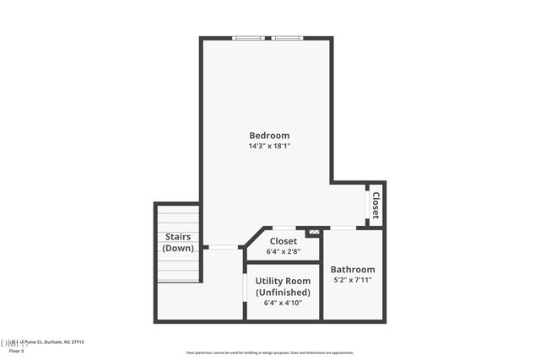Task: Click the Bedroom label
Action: [x=269, y=135]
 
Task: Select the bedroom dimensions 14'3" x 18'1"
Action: [x=269, y=146]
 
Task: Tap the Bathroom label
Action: [x=353, y=269]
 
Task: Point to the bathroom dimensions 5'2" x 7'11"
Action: [x=353, y=280]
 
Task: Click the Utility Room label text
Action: [x=282, y=282]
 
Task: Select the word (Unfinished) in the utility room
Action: [x=282, y=292]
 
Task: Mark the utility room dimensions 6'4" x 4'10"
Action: [x=282, y=303]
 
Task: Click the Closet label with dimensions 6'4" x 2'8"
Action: [x=283, y=240]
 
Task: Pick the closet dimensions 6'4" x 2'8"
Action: [x=283, y=250]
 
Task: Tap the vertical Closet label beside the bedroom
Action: [x=376, y=205]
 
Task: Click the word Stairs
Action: [x=178, y=237]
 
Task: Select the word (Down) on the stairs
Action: [x=178, y=248]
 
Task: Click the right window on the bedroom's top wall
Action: [x=287, y=38]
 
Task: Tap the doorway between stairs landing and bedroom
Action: [x=222, y=247]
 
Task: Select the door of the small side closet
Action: [x=368, y=204]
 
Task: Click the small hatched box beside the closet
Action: [x=314, y=231]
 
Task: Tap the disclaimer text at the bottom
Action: [x=270, y=352]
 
